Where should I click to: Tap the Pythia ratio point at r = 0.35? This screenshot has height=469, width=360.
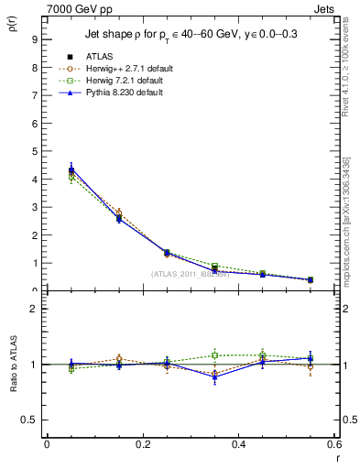tap(214, 377)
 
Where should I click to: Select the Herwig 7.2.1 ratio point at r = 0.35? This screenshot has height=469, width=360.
tap(214, 355)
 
